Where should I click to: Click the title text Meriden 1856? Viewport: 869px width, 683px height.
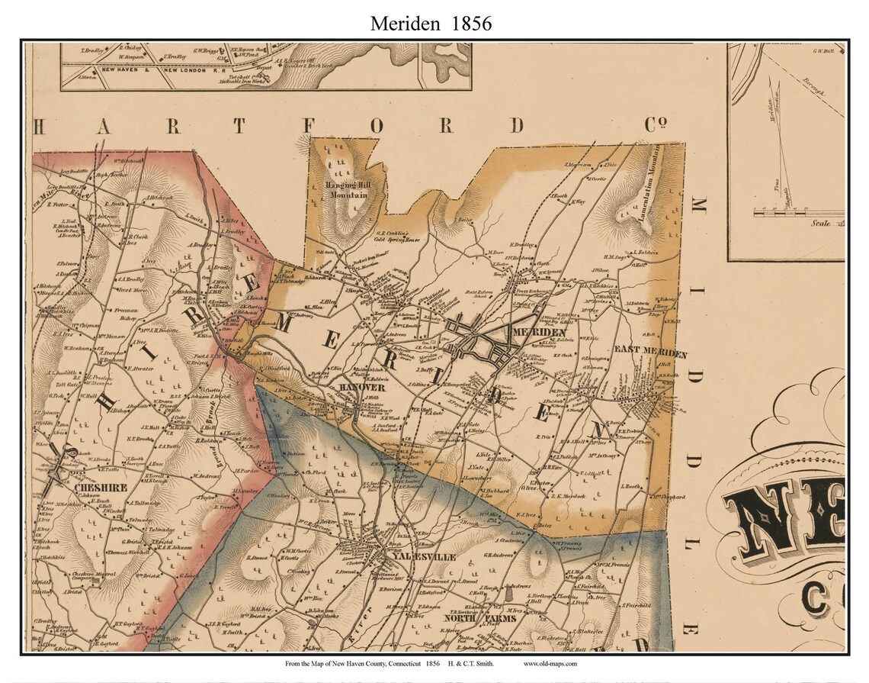[x=431, y=24]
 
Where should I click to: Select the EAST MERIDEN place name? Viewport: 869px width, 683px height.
[x=651, y=355]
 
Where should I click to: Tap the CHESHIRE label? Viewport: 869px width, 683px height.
[x=95, y=485]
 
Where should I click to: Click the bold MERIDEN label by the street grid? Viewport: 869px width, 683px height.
[x=539, y=333]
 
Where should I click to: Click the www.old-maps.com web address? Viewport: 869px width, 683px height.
[x=550, y=664]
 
